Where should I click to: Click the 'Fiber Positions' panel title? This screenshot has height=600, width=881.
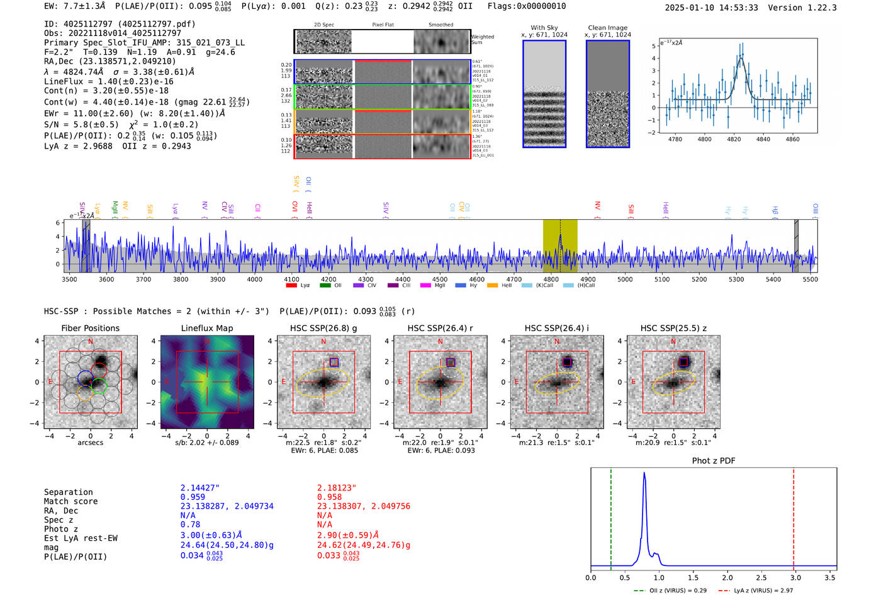click(90, 328)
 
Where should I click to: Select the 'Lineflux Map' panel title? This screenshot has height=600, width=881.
click(206, 328)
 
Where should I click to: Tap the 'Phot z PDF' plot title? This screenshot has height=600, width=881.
click(714, 461)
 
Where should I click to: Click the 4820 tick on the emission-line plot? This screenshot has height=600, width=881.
click(734, 139)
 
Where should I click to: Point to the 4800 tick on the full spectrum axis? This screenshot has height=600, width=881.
click(551, 279)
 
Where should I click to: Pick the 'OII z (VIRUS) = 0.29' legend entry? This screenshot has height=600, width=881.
click(671, 591)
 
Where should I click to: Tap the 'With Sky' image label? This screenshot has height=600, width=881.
click(544, 28)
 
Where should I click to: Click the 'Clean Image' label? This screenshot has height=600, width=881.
click(607, 28)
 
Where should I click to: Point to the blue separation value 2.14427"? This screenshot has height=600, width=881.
click(199, 488)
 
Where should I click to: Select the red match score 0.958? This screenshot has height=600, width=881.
click(329, 497)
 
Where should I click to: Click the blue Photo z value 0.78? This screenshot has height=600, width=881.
click(190, 524)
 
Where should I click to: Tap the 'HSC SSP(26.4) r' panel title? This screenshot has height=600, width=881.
click(440, 328)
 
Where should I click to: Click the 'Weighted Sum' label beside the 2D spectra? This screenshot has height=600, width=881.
click(482, 40)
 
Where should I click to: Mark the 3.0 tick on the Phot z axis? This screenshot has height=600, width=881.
click(795, 577)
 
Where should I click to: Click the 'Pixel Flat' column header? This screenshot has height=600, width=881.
click(383, 25)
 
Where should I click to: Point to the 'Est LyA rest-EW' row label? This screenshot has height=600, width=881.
click(81, 538)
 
